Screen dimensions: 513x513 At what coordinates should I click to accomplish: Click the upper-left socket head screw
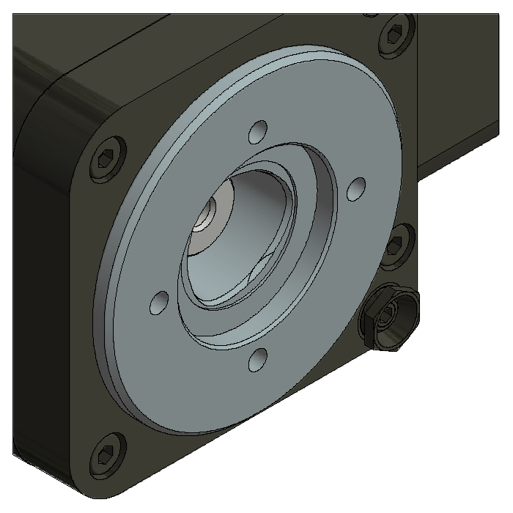pyautogui.click(x=106, y=158)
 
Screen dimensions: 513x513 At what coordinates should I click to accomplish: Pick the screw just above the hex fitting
pyautogui.click(x=396, y=241)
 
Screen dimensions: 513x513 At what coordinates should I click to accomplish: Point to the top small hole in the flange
pyautogui.click(x=256, y=133)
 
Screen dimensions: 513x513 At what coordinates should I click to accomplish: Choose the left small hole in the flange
pyautogui.click(x=158, y=301)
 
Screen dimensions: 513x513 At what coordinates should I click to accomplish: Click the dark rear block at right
pyautogui.click(x=462, y=88)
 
